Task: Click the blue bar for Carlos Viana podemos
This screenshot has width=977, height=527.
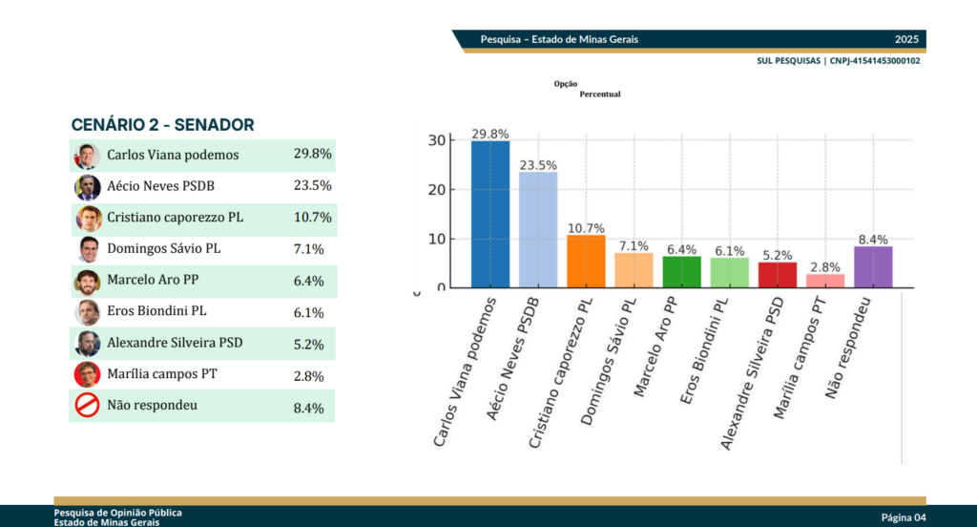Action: click(489, 214)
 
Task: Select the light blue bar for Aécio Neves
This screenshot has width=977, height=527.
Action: click(538, 229)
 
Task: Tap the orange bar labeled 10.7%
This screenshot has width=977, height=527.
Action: click(586, 261)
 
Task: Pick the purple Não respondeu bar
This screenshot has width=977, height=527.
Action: click(873, 266)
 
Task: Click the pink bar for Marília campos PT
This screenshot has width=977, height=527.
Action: click(825, 281)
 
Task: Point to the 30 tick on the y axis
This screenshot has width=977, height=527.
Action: click(436, 140)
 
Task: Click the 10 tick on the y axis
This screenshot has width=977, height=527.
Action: click(436, 239)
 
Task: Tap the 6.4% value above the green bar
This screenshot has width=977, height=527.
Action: click(682, 248)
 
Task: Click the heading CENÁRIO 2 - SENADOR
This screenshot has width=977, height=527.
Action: click(162, 125)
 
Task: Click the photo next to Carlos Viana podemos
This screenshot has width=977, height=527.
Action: click(88, 156)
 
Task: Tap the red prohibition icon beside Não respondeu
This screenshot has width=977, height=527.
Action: click(87, 406)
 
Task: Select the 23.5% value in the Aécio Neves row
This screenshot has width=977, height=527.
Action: click(312, 186)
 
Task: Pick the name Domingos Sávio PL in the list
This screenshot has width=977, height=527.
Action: click(163, 248)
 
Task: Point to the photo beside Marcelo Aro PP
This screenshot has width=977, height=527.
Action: click(88, 281)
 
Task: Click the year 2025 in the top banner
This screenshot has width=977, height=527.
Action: click(906, 39)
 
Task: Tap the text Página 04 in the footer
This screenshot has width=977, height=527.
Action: click(904, 517)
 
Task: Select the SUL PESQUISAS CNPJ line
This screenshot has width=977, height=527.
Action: click(838, 60)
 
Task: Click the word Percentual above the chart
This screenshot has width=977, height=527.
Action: click(600, 95)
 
